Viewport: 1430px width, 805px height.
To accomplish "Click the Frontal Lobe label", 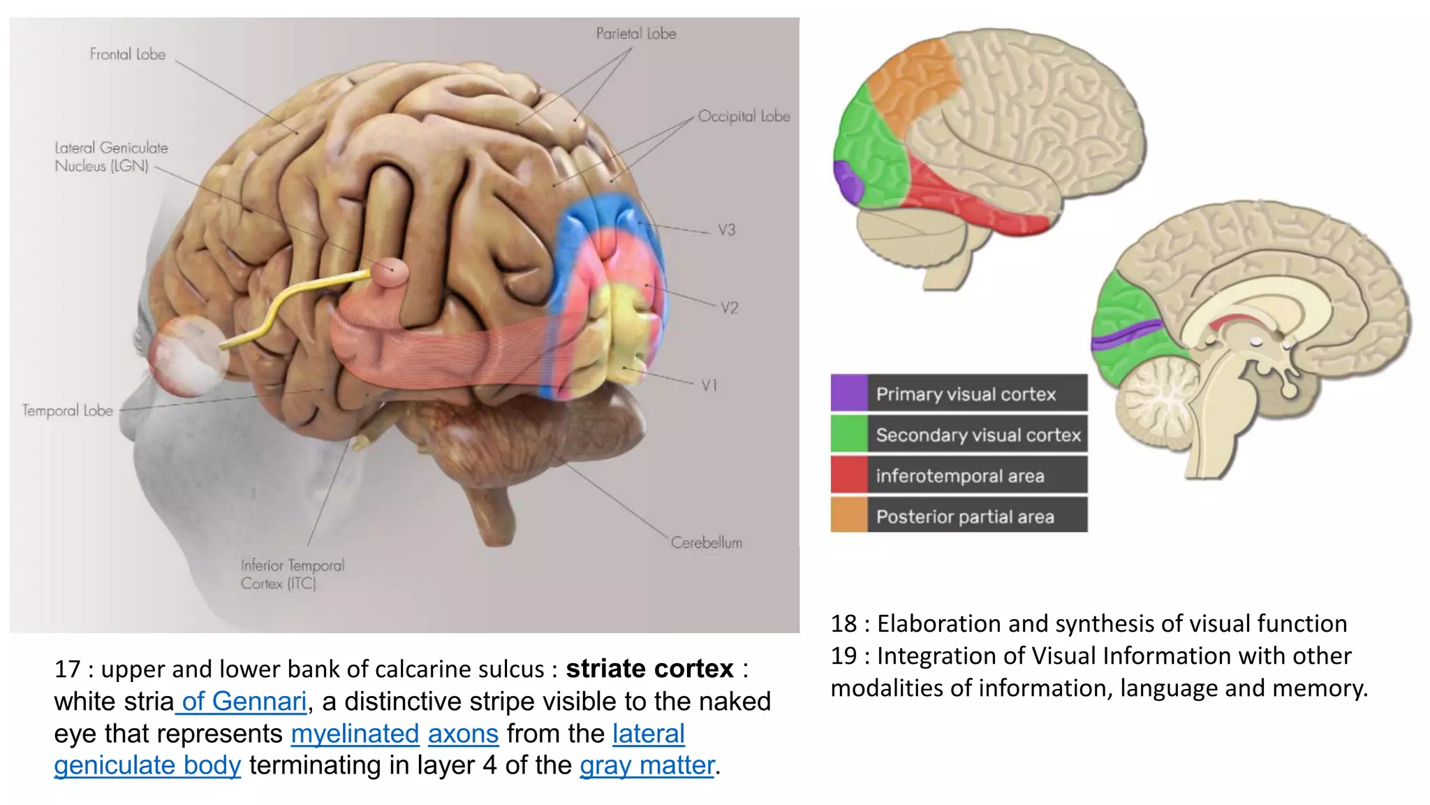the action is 128,55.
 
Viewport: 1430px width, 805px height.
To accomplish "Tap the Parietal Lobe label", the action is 636,34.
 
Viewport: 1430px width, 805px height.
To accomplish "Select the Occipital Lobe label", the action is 744,117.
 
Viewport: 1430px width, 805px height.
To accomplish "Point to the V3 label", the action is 727,230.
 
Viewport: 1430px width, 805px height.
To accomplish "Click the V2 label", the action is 730,307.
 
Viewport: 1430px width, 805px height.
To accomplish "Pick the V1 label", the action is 709,385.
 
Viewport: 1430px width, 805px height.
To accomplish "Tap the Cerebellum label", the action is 707,542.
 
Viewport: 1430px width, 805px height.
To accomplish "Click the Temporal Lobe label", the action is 67,411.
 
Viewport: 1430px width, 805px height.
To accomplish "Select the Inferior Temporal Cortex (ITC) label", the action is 293,574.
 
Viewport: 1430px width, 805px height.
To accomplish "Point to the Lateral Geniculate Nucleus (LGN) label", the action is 112,157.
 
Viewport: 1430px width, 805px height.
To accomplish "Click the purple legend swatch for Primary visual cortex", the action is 849,393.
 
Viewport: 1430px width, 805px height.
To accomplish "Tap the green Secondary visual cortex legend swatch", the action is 849,433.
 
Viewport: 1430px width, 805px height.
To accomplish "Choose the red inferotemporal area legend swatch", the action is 849,474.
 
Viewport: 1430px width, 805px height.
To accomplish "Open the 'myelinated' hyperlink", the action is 355,734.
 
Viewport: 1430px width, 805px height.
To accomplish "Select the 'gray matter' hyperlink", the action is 647,766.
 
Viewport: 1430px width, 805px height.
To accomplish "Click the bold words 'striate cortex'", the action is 649,669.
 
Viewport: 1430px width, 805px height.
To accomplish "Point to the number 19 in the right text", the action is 843,655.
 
